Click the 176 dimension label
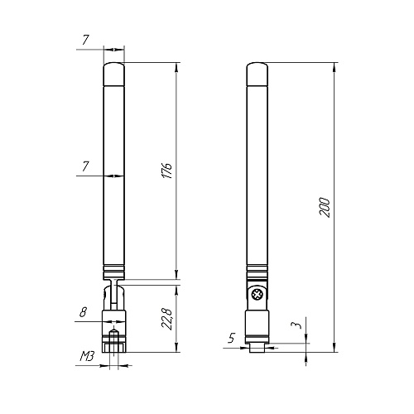(x=167, y=171)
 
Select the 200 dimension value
(x=325, y=207)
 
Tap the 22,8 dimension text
(x=167, y=319)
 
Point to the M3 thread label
(x=87, y=356)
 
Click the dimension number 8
(x=83, y=312)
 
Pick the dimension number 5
(x=232, y=338)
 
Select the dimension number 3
(x=296, y=325)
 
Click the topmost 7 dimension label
(x=86, y=41)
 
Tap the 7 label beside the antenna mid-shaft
(x=86, y=166)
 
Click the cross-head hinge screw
(x=257, y=295)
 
